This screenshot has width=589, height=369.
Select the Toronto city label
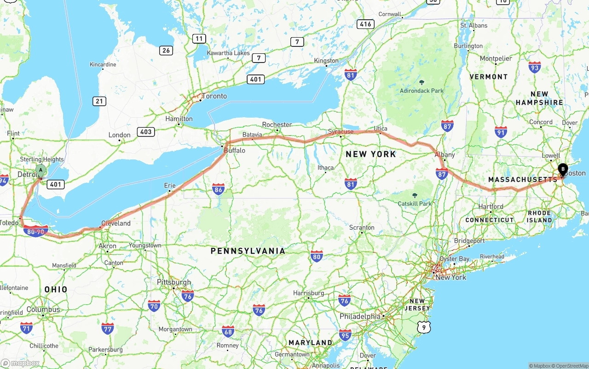(x=215, y=96)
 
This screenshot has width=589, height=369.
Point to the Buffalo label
(x=235, y=150)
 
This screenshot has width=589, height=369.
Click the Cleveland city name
(x=116, y=223)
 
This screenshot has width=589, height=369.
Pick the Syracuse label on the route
(x=341, y=131)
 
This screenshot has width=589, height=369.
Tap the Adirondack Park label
(x=422, y=91)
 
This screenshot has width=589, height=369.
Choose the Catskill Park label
(x=415, y=203)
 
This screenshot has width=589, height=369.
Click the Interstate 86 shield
(x=219, y=189)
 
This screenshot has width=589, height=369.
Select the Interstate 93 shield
(x=535, y=67)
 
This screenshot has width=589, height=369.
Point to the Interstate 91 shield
(x=501, y=132)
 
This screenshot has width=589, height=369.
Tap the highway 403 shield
(x=146, y=132)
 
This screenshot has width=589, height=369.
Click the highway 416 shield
(x=365, y=24)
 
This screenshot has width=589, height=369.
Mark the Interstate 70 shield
(x=154, y=306)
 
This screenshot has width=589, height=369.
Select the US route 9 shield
(x=423, y=327)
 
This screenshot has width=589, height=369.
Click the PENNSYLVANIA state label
(x=248, y=251)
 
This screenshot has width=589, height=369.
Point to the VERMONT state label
(x=489, y=77)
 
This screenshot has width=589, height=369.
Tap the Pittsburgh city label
(x=174, y=282)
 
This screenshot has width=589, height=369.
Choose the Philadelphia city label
(x=360, y=317)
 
